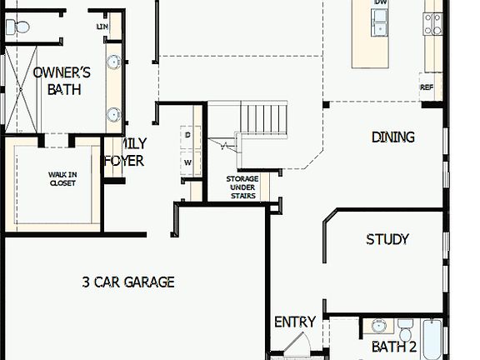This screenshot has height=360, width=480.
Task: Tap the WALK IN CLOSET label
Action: (x=62, y=178)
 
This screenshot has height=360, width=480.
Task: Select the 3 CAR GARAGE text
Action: (x=128, y=282)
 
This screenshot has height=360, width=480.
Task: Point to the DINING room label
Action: (x=392, y=137)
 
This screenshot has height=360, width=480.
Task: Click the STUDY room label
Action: (x=387, y=239)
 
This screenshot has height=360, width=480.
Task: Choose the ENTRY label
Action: (x=295, y=322)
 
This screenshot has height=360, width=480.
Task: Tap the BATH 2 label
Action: (x=393, y=347)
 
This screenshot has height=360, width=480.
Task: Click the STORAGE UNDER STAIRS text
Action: (x=242, y=187)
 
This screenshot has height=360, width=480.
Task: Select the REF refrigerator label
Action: (x=427, y=87)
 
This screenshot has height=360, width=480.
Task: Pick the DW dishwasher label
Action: (x=381, y=3)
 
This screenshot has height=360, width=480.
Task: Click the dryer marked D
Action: (x=187, y=135)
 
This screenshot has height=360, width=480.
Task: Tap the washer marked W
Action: (x=187, y=162)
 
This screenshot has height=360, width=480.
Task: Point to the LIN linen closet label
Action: (x=103, y=27)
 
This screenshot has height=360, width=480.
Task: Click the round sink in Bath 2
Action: (x=379, y=326)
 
